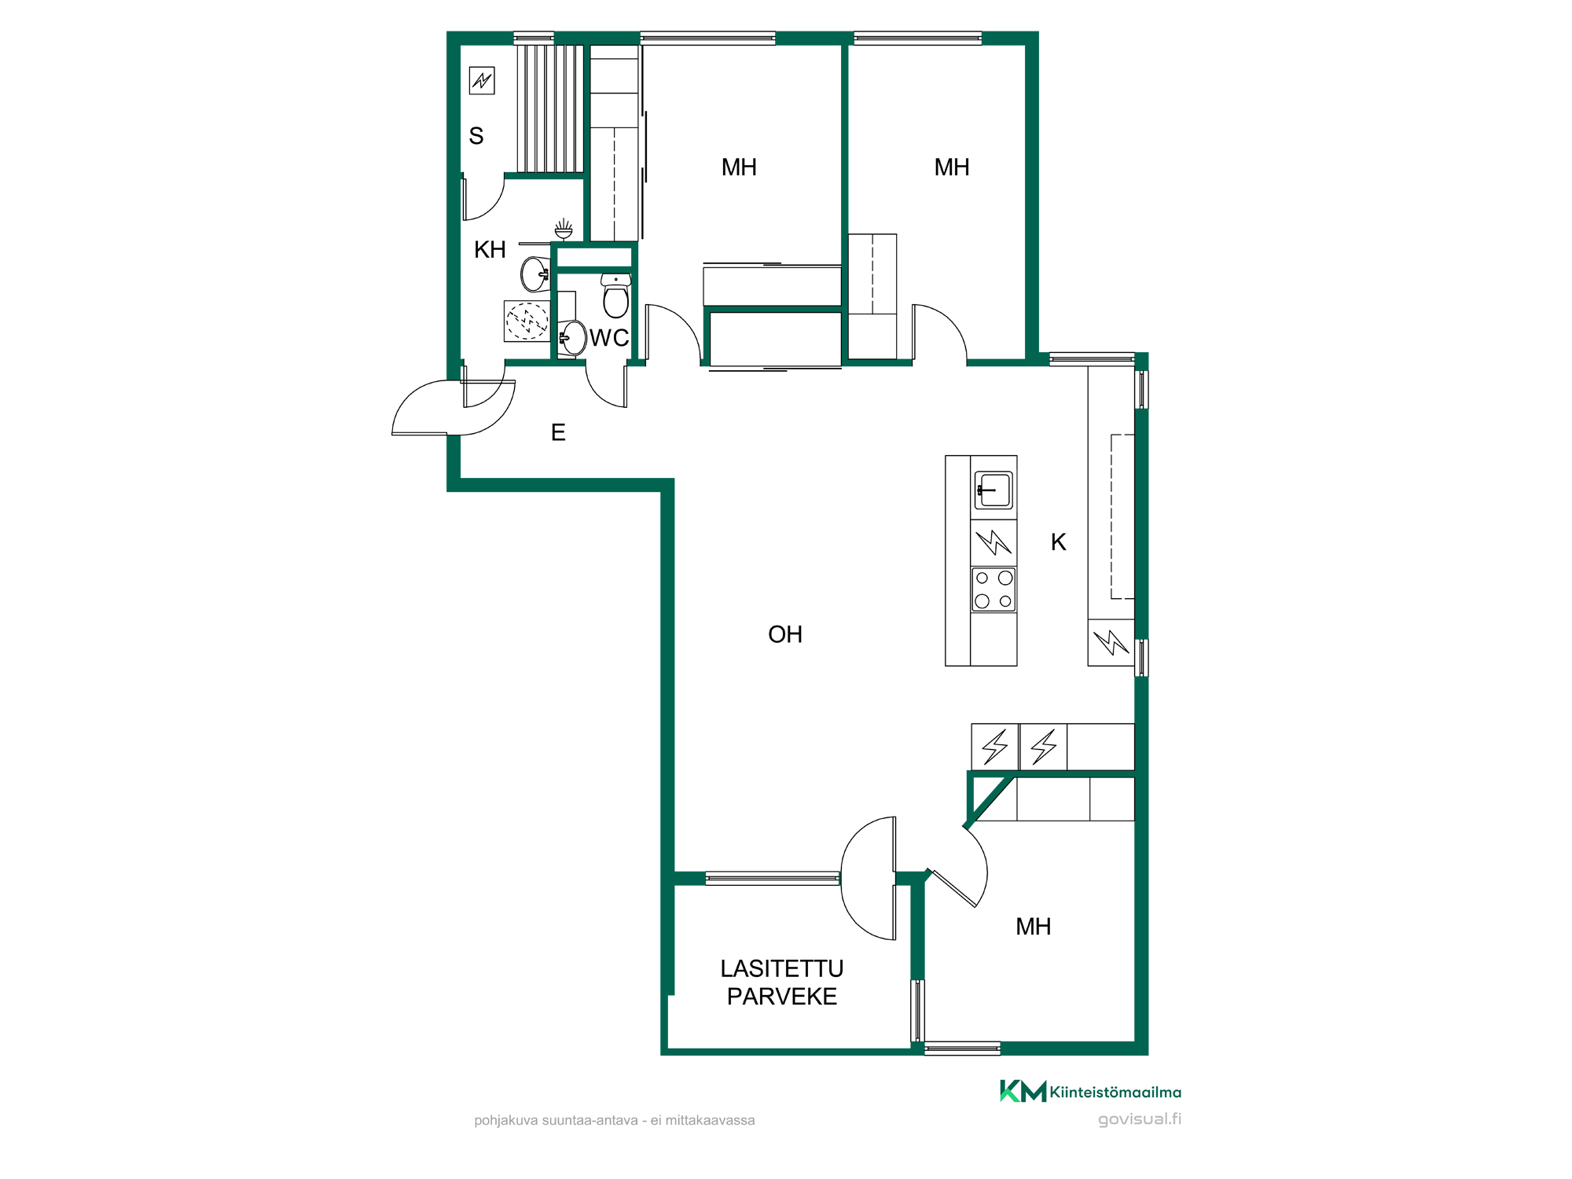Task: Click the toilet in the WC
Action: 615,296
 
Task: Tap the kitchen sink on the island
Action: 994,490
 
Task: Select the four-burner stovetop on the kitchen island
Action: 994,589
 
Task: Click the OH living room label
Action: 785,634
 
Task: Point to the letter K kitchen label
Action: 1058,542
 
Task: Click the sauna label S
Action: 476,136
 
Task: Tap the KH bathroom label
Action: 490,250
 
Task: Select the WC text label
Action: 609,338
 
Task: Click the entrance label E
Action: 558,432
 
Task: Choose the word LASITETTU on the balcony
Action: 782,968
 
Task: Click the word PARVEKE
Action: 782,997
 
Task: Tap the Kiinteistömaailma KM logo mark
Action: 1023,1091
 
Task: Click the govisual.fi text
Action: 1140,1119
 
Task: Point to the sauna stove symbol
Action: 482,80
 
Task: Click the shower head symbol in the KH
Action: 564,230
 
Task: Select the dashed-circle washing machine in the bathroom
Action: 527,321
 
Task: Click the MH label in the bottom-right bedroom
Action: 1033,927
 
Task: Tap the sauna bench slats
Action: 550,108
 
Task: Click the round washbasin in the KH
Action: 536,274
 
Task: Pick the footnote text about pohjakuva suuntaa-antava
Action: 614,1120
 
